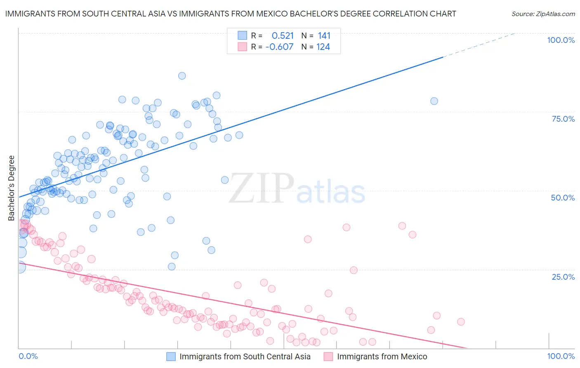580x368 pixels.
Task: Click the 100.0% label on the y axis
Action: tap(561, 40)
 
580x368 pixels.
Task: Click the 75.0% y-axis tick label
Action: tap(563, 119)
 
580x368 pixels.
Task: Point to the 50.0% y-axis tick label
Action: tap(563, 198)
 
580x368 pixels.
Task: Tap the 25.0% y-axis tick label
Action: tap(563, 276)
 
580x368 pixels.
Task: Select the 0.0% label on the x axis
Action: tap(28, 356)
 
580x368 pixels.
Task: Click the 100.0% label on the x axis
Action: tap(561, 356)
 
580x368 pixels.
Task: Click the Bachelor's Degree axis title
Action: tap(12, 188)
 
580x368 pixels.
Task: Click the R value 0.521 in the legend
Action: tap(283, 35)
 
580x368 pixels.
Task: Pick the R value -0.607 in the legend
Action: tap(279, 47)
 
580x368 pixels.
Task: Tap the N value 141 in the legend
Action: tap(324, 35)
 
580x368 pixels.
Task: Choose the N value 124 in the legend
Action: tap(323, 47)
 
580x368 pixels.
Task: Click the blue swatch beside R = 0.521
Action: tap(242, 35)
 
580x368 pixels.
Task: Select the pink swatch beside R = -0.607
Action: tap(242, 47)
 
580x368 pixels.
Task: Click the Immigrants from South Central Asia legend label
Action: tap(245, 356)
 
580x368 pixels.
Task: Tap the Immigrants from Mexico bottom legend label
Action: tap(382, 356)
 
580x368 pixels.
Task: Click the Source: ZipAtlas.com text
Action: tap(543, 14)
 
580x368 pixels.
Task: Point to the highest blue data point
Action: tap(182, 76)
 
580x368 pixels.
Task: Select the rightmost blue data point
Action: tap(434, 101)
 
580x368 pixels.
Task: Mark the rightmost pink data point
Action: tap(461, 322)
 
